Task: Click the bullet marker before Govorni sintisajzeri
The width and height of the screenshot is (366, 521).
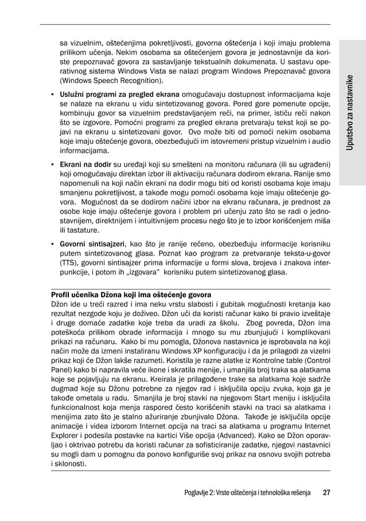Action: (x=53, y=244)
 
